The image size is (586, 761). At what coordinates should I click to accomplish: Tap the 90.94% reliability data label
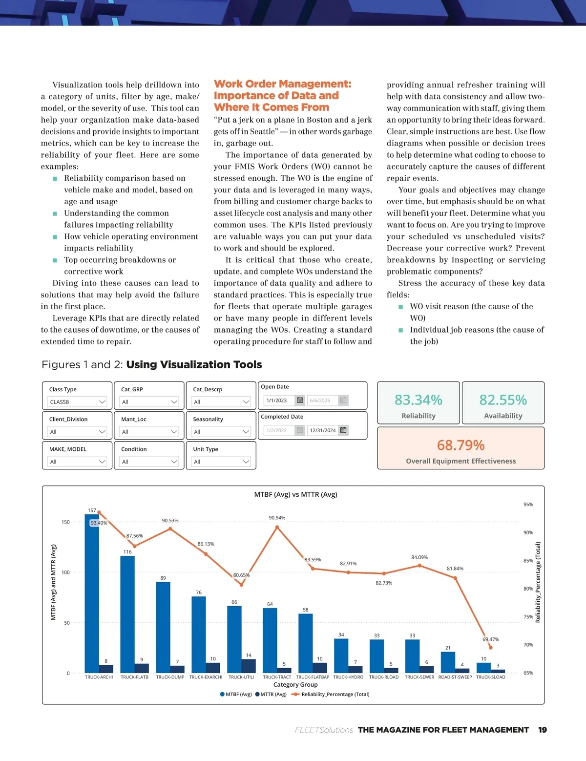[x=277, y=518]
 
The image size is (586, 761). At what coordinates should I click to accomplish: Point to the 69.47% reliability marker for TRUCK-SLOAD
[x=490, y=648]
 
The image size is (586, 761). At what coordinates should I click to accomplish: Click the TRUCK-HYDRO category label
[x=348, y=677]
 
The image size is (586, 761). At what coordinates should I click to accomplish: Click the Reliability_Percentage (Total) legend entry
[x=332, y=694]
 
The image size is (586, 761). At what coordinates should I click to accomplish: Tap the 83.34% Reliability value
[x=418, y=400]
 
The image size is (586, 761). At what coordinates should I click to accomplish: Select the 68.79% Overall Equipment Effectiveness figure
[x=460, y=445]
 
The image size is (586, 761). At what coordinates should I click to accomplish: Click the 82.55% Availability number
[x=503, y=400]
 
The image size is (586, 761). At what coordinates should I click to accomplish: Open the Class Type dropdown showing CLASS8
[x=77, y=402]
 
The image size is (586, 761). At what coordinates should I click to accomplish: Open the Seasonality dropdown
[x=221, y=432]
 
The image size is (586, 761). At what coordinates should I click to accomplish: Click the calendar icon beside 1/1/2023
[x=300, y=400]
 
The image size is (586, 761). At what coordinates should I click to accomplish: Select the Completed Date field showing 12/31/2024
[x=323, y=430]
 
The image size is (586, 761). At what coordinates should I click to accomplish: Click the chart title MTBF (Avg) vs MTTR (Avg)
[x=295, y=494]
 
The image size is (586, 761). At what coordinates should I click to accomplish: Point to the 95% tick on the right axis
[x=528, y=505]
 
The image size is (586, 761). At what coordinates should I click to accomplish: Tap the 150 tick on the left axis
[x=65, y=522]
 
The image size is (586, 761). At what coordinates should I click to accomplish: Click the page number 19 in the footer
[x=542, y=730]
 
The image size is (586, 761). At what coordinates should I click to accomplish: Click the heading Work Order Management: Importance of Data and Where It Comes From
[x=282, y=96]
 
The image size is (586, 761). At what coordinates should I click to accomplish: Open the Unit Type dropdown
[x=221, y=462]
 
